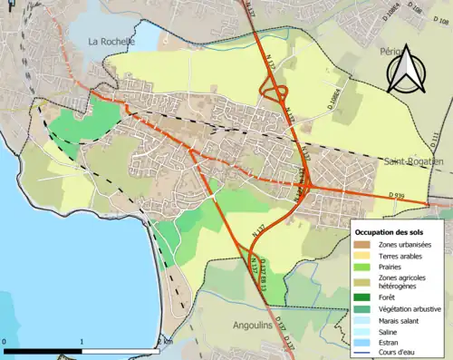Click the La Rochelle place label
[x=111, y=42]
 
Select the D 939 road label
[x=396, y=195]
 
